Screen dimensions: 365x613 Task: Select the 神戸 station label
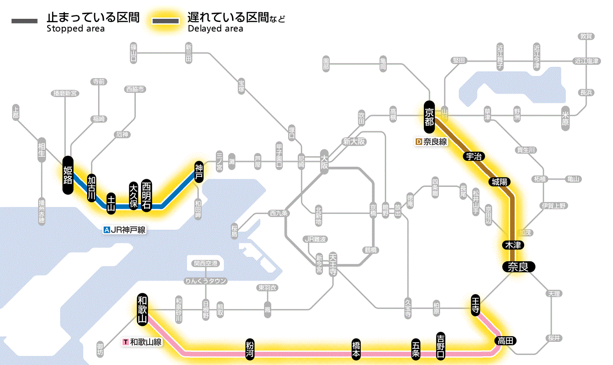(199, 172)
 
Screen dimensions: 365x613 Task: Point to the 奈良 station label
(518, 267)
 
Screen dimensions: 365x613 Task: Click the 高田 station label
(506, 340)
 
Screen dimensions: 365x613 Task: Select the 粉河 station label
(250, 349)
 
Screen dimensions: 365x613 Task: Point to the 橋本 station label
(356, 349)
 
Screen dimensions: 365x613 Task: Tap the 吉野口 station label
(440, 345)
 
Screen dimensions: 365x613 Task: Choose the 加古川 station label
(92, 189)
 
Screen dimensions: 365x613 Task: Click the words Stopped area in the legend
(75, 29)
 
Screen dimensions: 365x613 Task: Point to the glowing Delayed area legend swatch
(166, 21)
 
